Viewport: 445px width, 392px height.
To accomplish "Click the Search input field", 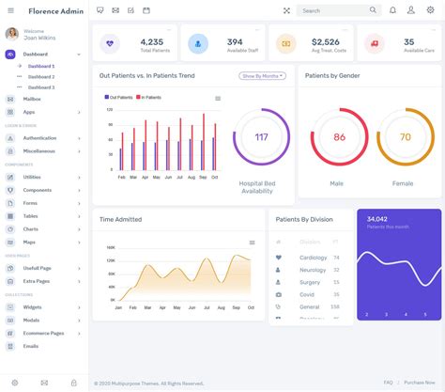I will [333, 10].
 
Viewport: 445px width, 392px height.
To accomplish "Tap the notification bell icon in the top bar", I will [392, 10].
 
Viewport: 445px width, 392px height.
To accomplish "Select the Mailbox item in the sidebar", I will [32, 99].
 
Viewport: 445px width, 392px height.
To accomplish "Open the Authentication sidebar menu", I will [39, 138].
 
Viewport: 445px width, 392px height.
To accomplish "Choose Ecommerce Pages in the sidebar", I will [43, 333].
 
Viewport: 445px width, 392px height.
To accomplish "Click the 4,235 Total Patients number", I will [151, 41].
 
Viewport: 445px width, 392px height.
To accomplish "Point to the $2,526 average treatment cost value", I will [325, 41].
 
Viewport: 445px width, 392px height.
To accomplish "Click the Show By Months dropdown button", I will [262, 75].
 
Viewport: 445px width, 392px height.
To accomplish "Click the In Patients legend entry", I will [151, 97].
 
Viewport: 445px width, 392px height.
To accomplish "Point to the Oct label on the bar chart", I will [214, 177].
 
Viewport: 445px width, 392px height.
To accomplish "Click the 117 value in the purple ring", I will [261, 137].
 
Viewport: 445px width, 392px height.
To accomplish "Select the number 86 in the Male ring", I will [339, 137].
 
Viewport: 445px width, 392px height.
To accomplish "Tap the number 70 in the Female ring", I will [405, 137].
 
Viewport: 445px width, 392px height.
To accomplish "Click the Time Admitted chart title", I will [120, 219].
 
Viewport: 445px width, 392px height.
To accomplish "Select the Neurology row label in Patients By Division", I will [313, 270].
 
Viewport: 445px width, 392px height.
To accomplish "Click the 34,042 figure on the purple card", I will [377, 218].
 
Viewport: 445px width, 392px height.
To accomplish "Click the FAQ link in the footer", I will [388, 383].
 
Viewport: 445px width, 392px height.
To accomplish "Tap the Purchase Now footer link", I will [419, 383].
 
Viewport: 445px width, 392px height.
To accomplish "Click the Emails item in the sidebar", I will [31, 346].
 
